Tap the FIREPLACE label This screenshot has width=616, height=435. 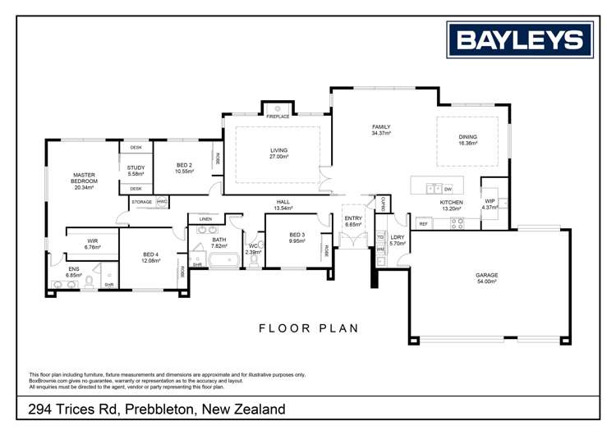tap(278, 117)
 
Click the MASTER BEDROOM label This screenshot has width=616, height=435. tap(84, 181)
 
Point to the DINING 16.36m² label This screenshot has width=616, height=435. tap(467, 140)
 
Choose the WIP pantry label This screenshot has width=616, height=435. tap(490, 204)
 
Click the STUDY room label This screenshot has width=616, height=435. tap(136, 170)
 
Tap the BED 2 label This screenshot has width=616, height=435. tap(184, 167)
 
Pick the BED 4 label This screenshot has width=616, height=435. tap(150, 258)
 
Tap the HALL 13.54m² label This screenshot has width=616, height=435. tap(283, 204)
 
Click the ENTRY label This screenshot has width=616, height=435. tap(353, 221)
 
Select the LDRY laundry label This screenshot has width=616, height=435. tap(398, 240)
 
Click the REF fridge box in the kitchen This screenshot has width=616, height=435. tap(424, 223)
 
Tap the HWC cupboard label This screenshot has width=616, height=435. tap(162, 201)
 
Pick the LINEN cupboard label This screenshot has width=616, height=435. tap(205, 219)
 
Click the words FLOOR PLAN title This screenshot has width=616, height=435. tap(308, 328)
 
